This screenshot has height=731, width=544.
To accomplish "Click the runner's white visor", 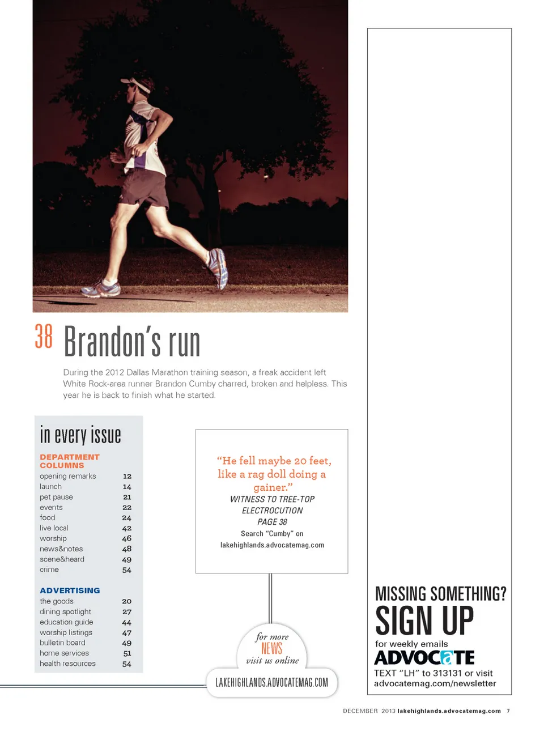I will pyautogui.click(x=137, y=86).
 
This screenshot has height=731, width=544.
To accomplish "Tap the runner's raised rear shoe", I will pyautogui.click(x=218, y=267).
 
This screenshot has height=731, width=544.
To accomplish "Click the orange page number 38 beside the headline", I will pyautogui.click(x=44, y=337).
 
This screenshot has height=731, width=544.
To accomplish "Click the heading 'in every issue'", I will pyautogui.click(x=80, y=435).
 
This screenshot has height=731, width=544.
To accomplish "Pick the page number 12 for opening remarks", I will pyautogui.click(x=127, y=477).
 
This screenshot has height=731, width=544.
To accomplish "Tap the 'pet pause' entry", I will pyautogui.click(x=56, y=497).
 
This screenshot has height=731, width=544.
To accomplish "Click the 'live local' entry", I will pyautogui.click(x=54, y=528).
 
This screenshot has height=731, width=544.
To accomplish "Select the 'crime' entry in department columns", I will pyautogui.click(x=49, y=569).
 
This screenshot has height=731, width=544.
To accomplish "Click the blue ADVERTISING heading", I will pyautogui.click(x=70, y=590).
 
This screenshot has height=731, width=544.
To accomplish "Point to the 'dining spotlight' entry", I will pyautogui.click(x=65, y=612).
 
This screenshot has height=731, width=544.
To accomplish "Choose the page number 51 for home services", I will pyautogui.click(x=127, y=653).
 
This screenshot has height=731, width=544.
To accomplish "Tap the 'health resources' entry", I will pyautogui.click(x=67, y=664).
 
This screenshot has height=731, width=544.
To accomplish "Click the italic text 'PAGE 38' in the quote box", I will pyautogui.click(x=272, y=522).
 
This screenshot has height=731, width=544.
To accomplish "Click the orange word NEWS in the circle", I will pyautogui.click(x=272, y=648).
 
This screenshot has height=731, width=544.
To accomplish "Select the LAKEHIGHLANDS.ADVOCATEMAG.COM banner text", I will pyautogui.click(x=272, y=682).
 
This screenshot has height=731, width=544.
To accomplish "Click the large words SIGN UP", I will pyautogui.click(x=424, y=620).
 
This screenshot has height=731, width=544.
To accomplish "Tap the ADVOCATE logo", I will pyautogui.click(x=424, y=658).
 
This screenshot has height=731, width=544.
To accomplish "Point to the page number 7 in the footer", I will pyautogui.click(x=508, y=711).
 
